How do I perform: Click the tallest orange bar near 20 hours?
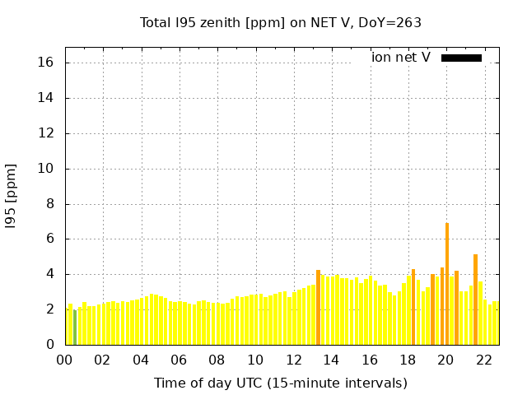[x=447, y=284]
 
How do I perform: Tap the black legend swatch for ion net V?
[x=461, y=58]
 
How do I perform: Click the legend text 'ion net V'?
[x=401, y=58]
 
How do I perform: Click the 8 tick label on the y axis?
[x=49, y=204]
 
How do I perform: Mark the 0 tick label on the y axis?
[x=49, y=345]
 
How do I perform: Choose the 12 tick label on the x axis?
[x=293, y=360]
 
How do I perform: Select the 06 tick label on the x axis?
[x=179, y=360]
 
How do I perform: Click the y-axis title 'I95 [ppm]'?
[x=12, y=196]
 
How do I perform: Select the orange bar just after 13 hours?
[x=318, y=308]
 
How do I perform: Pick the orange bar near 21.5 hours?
[x=475, y=300]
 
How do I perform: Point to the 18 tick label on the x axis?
[x=408, y=360]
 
